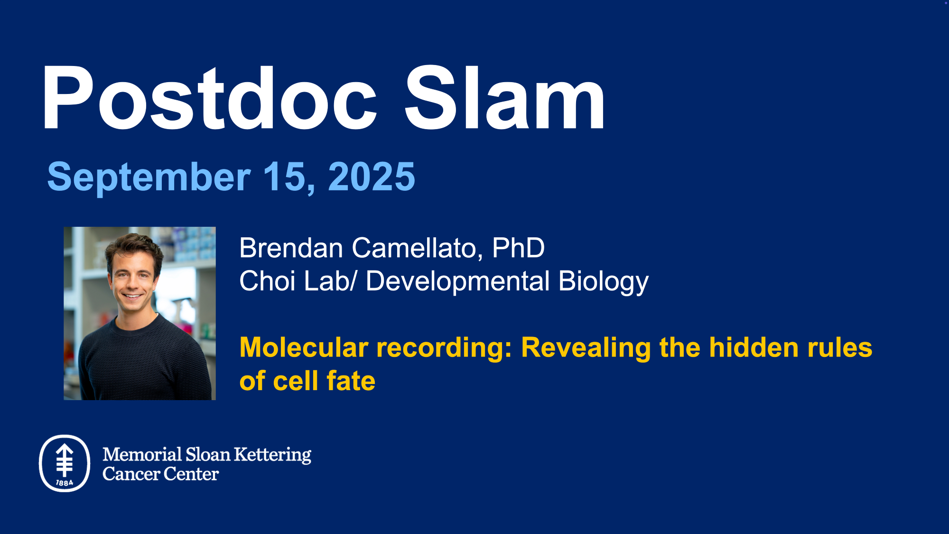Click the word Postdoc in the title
pos(210,98)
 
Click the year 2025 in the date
pos(372,177)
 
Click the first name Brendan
pos(291,248)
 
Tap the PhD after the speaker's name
pos(518,248)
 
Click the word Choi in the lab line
pos(268,281)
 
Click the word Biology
pos(603,282)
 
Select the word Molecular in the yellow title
pos(304,347)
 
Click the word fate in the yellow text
pos(351,381)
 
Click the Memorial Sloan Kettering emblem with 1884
pos(65,463)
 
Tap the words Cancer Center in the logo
pos(160,474)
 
